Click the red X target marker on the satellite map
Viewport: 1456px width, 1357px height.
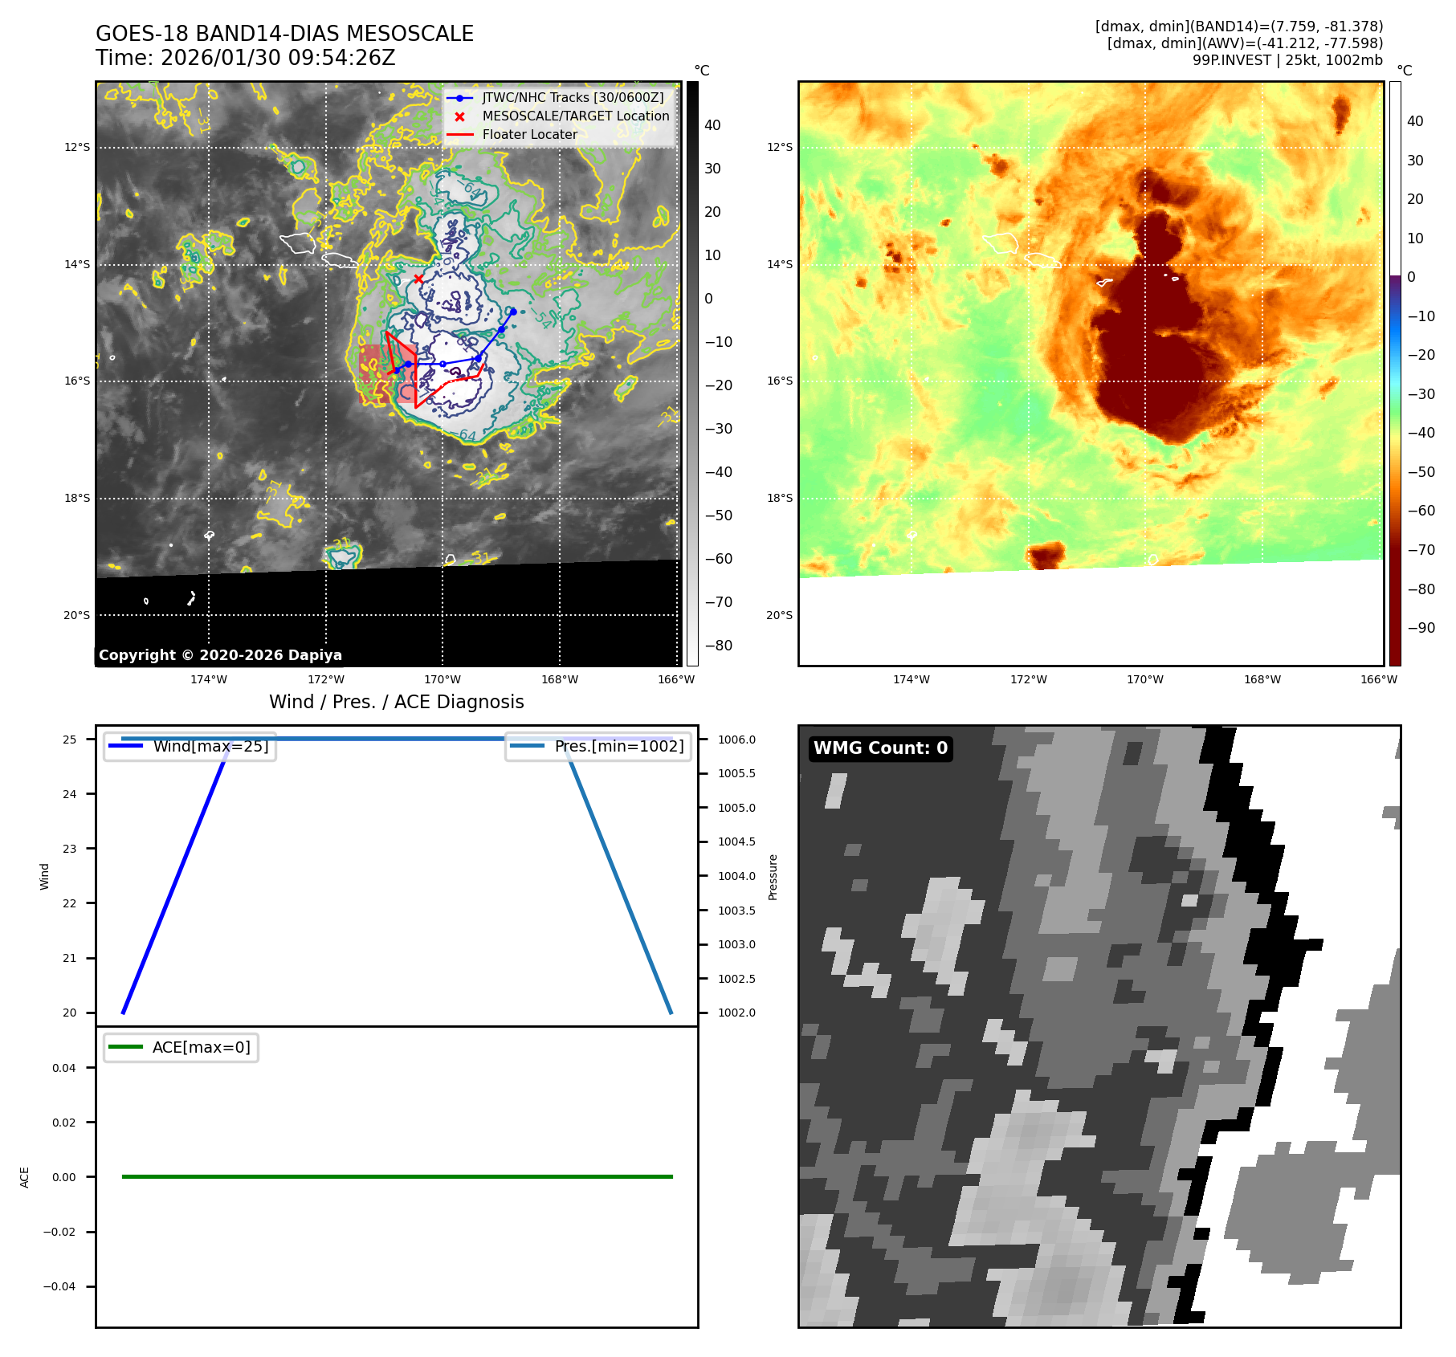[418, 279]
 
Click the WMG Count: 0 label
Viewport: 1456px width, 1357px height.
[880, 748]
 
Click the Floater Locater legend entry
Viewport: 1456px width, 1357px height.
[529, 134]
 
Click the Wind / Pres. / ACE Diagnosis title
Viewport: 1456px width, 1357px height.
[396, 702]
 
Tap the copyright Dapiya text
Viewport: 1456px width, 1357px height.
[220, 655]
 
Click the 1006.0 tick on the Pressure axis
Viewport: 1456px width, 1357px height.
[736, 740]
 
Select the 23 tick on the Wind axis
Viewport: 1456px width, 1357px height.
[70, 849]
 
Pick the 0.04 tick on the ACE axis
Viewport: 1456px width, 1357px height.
[64, 1068]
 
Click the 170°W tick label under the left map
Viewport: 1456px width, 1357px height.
[443, 679]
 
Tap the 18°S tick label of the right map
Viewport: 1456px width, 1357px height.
[779, 498]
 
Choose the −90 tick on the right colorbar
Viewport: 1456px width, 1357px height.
[1421, 628]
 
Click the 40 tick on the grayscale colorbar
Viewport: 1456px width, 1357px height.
[712, 125]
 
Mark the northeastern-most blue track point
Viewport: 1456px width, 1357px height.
[512, 312]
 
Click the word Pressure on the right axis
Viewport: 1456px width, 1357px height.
[773, 877]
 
